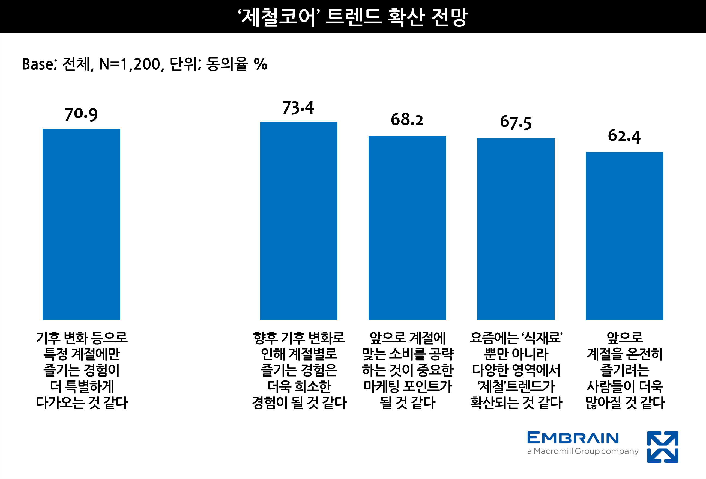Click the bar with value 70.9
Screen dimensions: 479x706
81,224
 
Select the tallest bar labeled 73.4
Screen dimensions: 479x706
298,221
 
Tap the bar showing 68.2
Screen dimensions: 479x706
407,228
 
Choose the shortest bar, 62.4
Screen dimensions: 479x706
624,236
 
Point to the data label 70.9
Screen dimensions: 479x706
81,114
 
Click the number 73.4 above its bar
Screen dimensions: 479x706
298,108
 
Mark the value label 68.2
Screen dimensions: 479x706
407,120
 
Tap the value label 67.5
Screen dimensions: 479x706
516,122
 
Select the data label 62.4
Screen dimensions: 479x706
624,136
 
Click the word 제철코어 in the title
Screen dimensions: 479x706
278,17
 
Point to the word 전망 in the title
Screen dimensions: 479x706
449,17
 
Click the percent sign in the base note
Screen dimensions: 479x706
260,64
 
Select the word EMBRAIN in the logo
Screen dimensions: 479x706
573,438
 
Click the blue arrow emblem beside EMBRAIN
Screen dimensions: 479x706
663,447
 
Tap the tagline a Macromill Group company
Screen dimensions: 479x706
583,451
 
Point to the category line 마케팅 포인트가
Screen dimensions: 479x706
408,386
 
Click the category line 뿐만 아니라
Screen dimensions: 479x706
516,354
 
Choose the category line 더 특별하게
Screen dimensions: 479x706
82,386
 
